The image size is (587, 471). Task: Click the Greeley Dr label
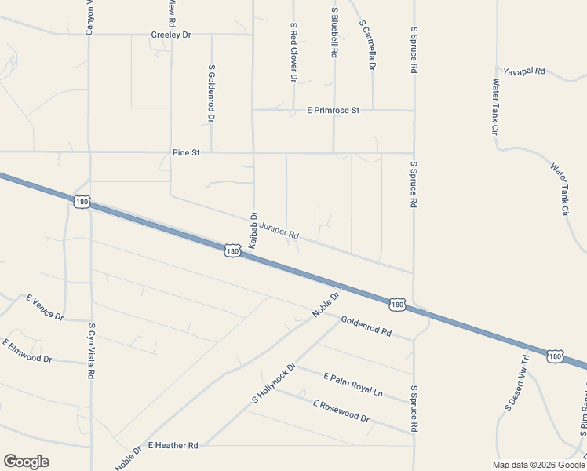point(172,35)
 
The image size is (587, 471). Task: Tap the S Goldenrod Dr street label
point(211,93)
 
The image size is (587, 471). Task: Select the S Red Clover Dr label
point(293,53)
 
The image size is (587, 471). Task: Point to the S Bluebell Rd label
point(334,32)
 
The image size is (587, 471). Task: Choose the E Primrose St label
point(333,111)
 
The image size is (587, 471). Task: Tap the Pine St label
point(186,152)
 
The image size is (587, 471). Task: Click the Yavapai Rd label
point(524,71)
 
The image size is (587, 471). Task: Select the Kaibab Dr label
point(253,229)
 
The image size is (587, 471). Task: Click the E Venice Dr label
point(45,306)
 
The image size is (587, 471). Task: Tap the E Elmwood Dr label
point(27,352)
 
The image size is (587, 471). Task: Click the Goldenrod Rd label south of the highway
point(366,326)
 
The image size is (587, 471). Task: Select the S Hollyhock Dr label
point(273,383)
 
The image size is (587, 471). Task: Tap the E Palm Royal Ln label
point(353,385)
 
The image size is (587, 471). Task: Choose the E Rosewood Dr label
point(341,411)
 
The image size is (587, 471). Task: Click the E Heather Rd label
point(172,445)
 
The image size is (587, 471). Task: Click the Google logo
point(26,462)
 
